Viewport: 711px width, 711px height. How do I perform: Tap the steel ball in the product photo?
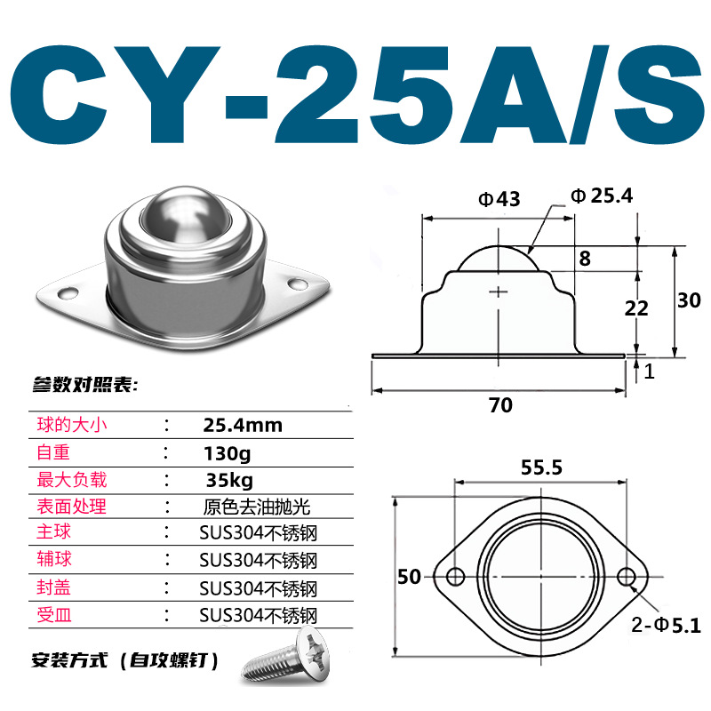pyautogui.click(x=175, y=215)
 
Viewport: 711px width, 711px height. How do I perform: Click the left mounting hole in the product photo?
pyautogui.click(x=65, y=291)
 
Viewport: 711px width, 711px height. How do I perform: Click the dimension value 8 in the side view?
pyautogui.click(x=585, y=260)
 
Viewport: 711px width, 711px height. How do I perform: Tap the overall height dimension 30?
pyautogui.click(x=689, y=300)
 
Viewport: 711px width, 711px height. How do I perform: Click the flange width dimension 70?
pyautogui.click(x=500, y=405)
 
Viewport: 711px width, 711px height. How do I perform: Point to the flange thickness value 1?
pyautogui.click(x=650, y=371)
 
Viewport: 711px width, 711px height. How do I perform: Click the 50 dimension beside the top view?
pyautogui.click(x=409, y=577)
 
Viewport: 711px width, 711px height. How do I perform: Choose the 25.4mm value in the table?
pyautogui.click(x=243, y=425)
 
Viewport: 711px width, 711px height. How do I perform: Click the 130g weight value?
pyautogui.click(x=228, y=453)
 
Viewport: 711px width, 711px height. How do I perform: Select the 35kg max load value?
pyautogui.click(x=228, y=481)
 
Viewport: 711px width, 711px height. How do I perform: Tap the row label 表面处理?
pyautogui.click(x=71, y=507)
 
